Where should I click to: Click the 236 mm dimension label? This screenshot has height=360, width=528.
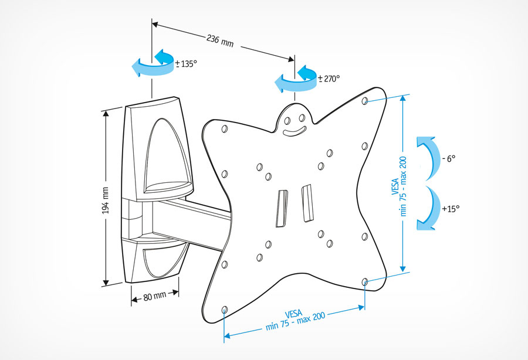[x=220, y=40]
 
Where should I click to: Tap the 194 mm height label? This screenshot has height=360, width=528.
[x=105, y=201]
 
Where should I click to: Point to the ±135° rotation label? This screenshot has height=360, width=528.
[x=186, y=63]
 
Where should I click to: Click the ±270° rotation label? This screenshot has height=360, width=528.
[x=329, y=79]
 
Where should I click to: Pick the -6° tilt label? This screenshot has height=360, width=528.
[x=449, y=158]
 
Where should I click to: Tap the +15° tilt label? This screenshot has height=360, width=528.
[x=451, y=209]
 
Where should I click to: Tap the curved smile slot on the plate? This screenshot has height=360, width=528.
[x=295, y=131]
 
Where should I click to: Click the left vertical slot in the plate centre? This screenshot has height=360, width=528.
[x=282, y=208]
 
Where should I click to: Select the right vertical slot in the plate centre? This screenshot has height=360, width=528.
[x=307, y=203]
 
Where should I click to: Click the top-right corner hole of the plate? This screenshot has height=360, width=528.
[x=364, y=101]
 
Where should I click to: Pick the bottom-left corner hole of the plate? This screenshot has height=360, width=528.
[x=225, y=310]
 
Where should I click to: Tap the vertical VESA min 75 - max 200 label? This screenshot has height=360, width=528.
[x=400, y=186]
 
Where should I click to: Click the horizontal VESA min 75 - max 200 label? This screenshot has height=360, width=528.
[x=295, y=320]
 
